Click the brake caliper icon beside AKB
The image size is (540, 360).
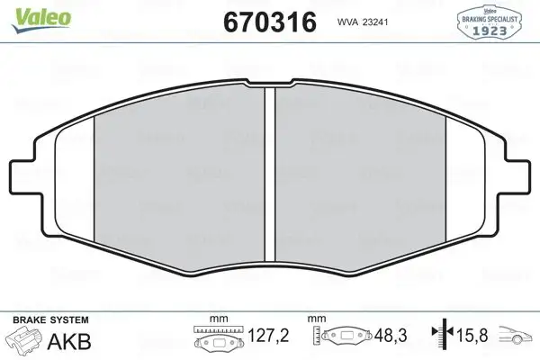24,341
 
